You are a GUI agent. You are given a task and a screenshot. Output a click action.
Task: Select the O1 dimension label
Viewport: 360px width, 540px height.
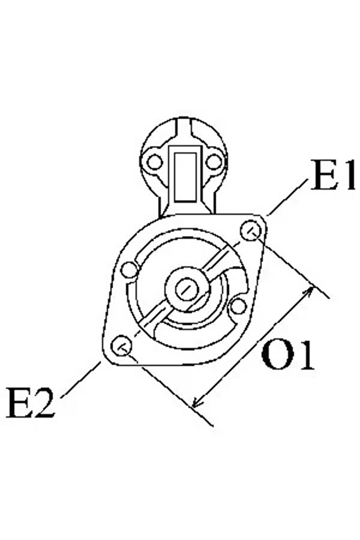(x=288, y=355)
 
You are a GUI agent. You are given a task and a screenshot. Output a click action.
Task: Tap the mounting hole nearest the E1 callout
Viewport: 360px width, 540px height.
(x=250, y=231)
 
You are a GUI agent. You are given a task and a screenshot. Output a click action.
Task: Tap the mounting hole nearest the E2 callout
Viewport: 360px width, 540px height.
(x=122, y=346)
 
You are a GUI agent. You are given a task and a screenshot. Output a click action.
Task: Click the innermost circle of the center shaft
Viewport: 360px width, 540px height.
(x=187, y=289)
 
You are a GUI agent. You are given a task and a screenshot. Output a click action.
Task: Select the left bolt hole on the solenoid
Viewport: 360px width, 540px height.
(x=155, y=161)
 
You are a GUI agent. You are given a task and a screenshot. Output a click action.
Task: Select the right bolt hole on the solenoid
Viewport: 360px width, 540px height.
(x=214, y=161)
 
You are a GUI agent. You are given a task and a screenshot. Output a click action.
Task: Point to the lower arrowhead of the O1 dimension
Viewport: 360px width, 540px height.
(x=197, y=403)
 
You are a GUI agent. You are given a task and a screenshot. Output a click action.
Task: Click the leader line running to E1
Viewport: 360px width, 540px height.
(x=287, y=197)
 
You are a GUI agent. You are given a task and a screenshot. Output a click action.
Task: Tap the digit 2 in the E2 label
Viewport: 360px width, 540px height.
(x=43, y=403)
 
